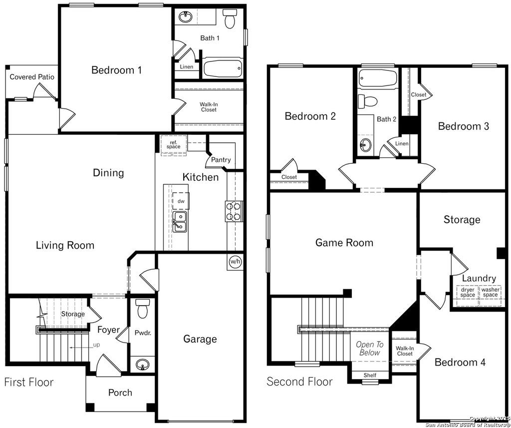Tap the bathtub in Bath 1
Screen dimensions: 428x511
(222, 67)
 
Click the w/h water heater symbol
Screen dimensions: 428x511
(235, 261)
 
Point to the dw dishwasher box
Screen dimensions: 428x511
(181, 201)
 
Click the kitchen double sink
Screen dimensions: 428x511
(180, 222)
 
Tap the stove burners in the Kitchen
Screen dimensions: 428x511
(234, 211)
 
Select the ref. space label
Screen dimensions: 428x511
(173, 144)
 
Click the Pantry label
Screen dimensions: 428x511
(221, 160)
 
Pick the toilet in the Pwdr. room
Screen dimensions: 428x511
(143, 309)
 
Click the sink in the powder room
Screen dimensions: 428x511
(143, 365)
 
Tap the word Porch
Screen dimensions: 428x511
(120, 393)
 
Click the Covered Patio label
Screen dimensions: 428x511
(32, 77)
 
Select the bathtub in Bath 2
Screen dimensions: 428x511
(378, 78)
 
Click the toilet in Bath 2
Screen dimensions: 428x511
(370, 101)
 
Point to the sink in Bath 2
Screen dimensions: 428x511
(366, 145)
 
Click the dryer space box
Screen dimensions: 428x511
(468, 292)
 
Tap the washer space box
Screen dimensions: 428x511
(490, 292)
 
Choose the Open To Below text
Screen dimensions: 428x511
(370, 349)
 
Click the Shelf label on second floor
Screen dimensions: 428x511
(370, 375)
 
